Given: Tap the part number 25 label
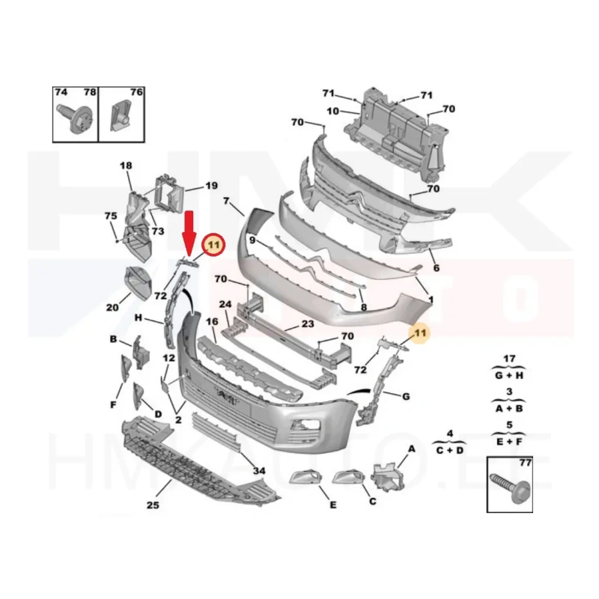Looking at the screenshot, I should [x=153, y=505].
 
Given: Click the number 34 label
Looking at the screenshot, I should [x=259, y=470].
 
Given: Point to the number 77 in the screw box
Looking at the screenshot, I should [x=524, y=463].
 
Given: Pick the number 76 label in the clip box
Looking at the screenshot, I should [x=136, y=92].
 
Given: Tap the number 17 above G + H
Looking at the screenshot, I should [x=509, y=357].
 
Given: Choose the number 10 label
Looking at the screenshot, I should [x=333, y=112].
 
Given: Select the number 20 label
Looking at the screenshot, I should [x=112, y=307].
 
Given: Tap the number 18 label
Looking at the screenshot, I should [x=126, y=165].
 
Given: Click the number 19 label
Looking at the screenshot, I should [x=211, y=186].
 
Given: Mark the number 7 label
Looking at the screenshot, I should [x=226, y=201].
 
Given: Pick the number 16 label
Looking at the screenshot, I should [x=212, y=321].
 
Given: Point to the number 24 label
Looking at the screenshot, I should [x=225, y=305].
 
